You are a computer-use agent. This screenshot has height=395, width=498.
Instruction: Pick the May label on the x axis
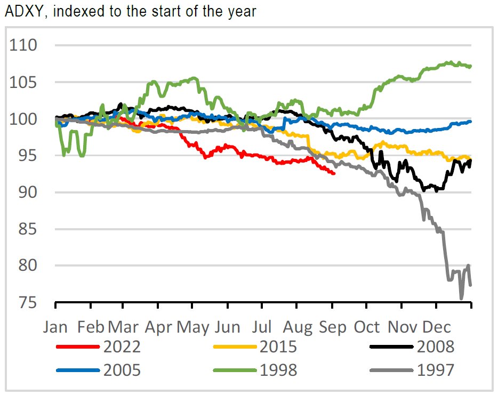(x=193, y=326)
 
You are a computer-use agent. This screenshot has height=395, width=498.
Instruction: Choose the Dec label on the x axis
(x=437, y=326)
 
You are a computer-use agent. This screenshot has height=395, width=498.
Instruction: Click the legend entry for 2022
(x=122, y=347)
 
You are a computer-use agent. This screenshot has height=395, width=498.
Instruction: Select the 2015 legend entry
(x=278, y=347)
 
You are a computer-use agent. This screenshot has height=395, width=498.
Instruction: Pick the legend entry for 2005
(x=122, y=369)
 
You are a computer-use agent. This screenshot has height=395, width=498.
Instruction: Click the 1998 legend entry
(x=278, y=369)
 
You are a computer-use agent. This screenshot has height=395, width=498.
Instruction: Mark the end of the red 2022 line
(x=334, y=173)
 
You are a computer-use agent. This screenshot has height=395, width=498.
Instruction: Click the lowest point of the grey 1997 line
(x=461, y=298)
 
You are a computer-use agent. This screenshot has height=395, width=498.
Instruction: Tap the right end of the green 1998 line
(x=471, y=67)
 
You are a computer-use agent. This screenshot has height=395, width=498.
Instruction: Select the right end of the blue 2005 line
(x=471, y=122)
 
